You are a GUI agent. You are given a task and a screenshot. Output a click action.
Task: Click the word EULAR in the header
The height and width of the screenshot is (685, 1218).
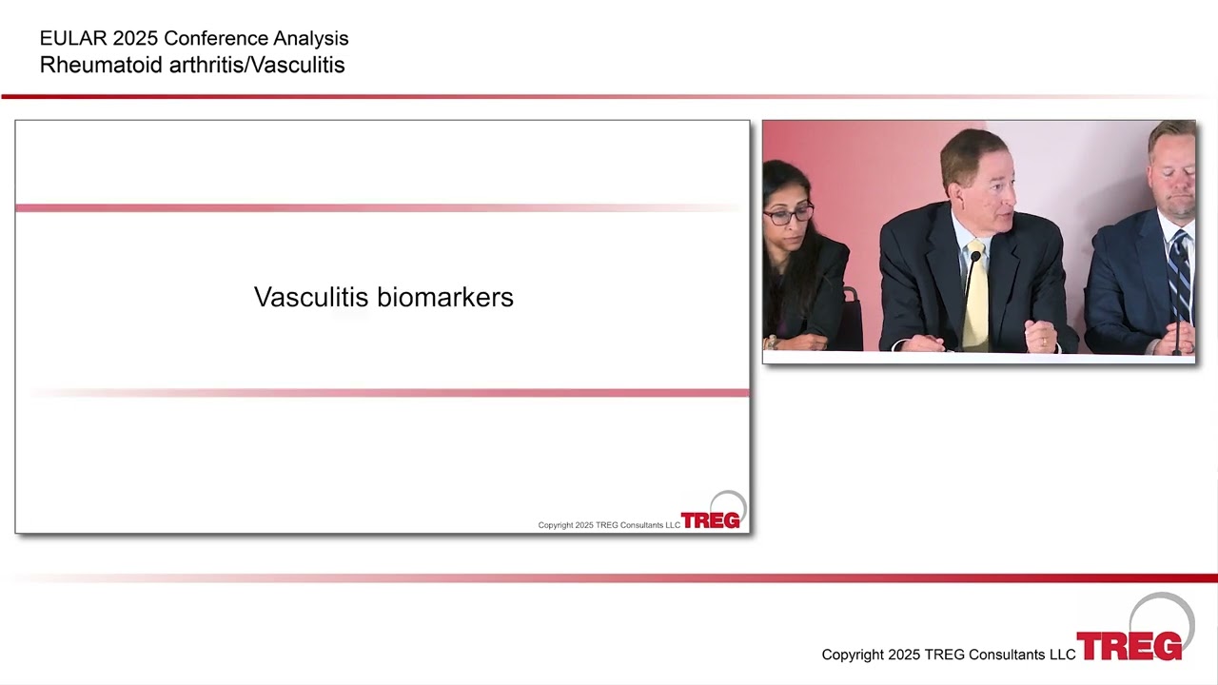pyautogui.click(x=71, y=39)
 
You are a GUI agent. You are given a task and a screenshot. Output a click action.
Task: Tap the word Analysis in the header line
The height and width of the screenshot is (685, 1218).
pyautogui.click(x=310, y=39)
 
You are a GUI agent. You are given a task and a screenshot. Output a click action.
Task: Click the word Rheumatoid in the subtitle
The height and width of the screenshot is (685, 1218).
pyautogui.click(x=101, y=66)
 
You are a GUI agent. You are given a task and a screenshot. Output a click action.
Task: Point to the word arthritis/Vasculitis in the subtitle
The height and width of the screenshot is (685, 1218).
pyautogui.click(x=257, y=66)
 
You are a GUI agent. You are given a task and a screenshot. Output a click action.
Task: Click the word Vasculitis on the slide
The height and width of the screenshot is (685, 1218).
pyautogui.click(x=311, y=298)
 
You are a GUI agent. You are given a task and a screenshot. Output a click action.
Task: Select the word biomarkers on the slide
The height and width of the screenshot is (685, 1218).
pyautogui.click(x=444, y=298)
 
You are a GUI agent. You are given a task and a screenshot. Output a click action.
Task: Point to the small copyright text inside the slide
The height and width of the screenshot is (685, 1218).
pyautogui.click(x=609, y=525)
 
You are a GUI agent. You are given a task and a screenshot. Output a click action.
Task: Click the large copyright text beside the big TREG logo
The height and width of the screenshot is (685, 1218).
pyautogui.click(x=949, y=655)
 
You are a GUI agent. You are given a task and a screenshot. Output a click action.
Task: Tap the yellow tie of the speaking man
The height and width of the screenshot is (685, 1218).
pyautogui.click(x=975, y=296)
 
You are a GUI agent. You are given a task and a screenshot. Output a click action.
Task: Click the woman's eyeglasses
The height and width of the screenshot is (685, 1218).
pyautogui.click(x=789, y=215)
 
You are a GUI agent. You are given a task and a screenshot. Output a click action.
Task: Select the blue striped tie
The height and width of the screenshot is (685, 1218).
pyautogui.click(x=1180, y=277)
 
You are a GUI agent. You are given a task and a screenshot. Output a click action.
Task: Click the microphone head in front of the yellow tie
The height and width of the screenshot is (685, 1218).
pyautogui.click(x=975, y=256)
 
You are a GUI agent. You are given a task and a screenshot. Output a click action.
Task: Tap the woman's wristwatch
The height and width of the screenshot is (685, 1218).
pyautogui.click(x=771, y=342)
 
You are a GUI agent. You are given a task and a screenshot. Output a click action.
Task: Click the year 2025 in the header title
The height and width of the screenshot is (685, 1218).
pyautogui.click(x=135, y=39)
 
